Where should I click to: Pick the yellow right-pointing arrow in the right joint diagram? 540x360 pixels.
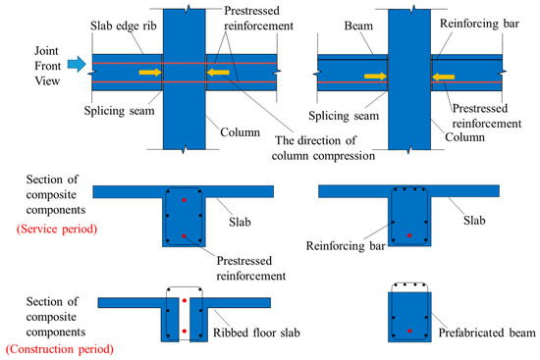tap(372, 74)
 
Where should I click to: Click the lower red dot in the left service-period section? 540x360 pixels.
tap(184, 235)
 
